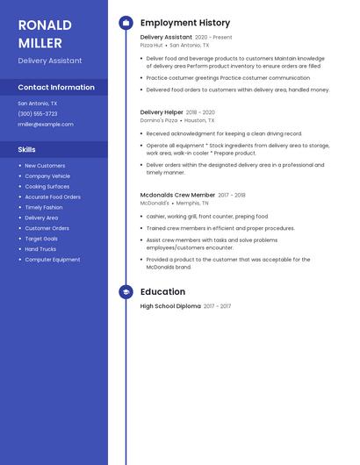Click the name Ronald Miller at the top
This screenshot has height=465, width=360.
pos(40,33)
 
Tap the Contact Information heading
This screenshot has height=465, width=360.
pos(56,87)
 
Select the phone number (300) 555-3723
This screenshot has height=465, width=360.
pos(38,114)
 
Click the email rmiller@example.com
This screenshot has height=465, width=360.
pos(46,125)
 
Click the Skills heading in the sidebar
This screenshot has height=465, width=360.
pos(27,149)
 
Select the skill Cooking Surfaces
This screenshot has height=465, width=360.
pos(47,186)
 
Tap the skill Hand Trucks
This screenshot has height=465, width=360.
pos(40,249)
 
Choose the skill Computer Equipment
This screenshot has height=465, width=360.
pos(53,260)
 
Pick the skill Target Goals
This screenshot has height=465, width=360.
pos(41,239)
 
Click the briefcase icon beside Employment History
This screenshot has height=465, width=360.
pos(126,23)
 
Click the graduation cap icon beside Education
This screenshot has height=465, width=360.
pos(126,292)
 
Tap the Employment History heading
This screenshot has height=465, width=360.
pos(185,23)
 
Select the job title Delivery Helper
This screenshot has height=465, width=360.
pos(162,112)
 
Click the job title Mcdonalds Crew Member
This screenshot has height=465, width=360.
pos(177,195)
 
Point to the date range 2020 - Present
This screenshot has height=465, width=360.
pos(213,38)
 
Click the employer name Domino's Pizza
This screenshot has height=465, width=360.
pos(159,120)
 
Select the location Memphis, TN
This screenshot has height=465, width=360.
pos(192,203)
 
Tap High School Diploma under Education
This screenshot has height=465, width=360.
pos(170,306)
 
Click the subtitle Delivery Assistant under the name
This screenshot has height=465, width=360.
pos(50,61)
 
